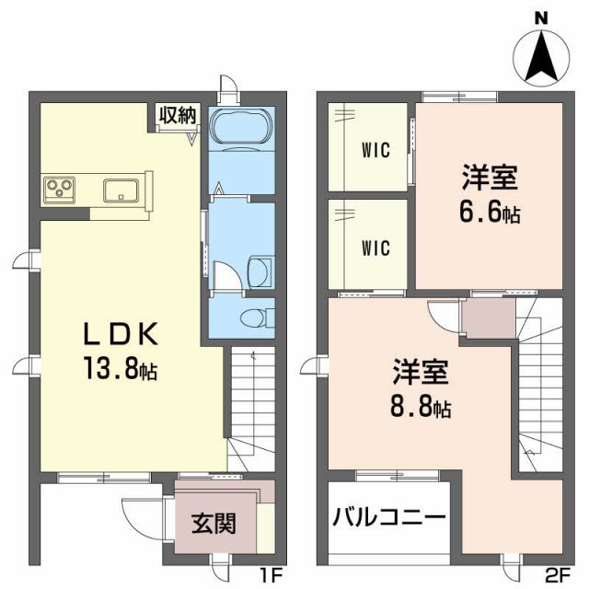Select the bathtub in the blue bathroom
click(241, 127)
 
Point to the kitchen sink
click(121, 191)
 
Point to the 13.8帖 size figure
click(121, 370)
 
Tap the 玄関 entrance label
click(213, 524)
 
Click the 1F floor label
click(268, 578)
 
